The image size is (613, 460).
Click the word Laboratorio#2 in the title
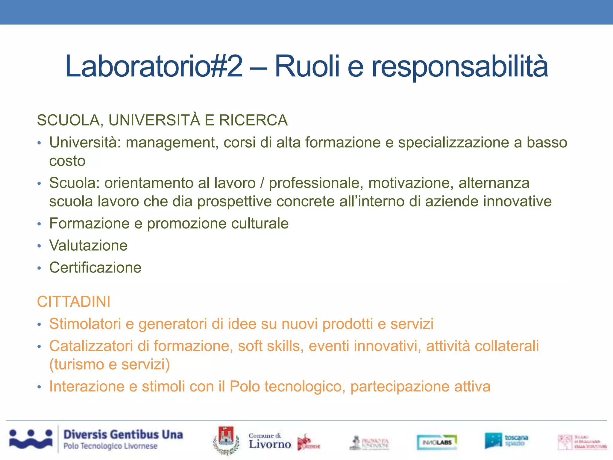click(154, 66)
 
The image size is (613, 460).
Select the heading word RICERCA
click(253, 120)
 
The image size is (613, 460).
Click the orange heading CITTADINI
click(74, 302)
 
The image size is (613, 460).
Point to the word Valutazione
click(88, 246)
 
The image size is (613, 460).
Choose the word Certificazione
click(95, 268)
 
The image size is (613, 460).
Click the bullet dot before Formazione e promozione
click(39, 224)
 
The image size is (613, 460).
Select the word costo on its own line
click(67, 161)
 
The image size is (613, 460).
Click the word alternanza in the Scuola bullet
click(494, 183)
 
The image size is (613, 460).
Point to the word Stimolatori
click(85, 324)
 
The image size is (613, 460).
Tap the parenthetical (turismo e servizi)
click(110, 364)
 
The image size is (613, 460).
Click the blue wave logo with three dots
click(31, 439)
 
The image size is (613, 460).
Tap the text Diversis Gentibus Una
click(123, 435)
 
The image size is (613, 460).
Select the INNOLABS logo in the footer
click(437, 442)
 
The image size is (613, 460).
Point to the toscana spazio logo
click(506, 440)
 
